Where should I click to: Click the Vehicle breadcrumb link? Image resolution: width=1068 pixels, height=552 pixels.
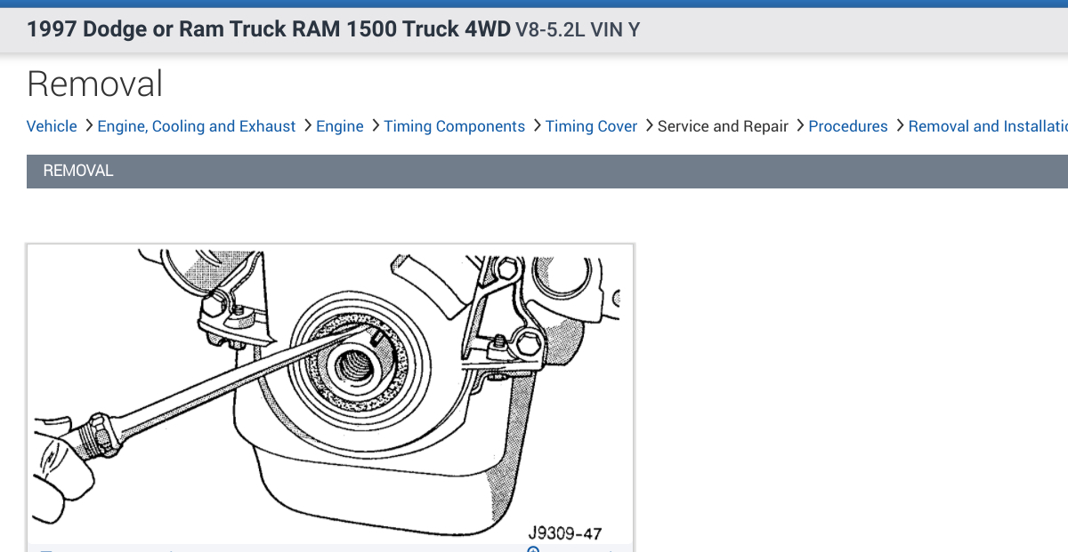(52, 126)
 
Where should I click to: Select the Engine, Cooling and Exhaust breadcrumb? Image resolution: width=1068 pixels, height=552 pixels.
(197, 126)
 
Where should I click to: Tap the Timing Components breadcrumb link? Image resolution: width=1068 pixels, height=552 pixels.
(455, 126)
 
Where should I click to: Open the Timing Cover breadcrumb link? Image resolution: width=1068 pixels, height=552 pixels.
(591, 126)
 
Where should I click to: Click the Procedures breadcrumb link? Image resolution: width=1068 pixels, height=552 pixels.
(848, 126)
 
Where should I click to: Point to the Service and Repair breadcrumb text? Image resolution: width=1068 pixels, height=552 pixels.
(723, 126)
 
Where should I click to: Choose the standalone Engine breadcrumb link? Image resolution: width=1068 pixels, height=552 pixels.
(340, 126)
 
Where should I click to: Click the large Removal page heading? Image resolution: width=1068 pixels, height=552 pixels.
(95, 84)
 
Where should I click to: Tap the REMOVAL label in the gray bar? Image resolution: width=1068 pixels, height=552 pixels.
(78, 171)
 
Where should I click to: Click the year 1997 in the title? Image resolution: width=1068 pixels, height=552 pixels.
(52, 29)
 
